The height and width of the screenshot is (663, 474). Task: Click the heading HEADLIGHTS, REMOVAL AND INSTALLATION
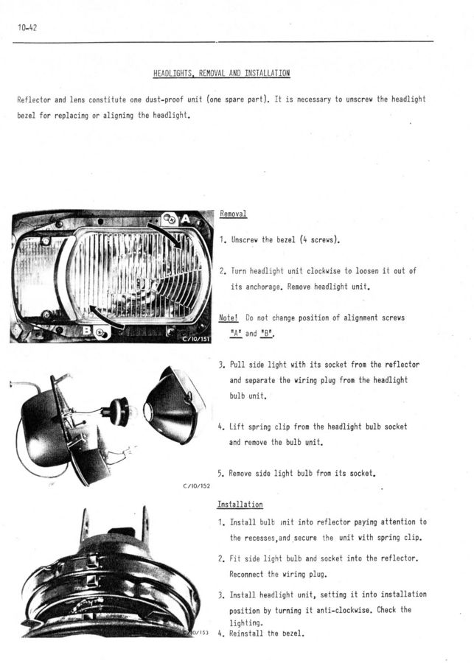221,73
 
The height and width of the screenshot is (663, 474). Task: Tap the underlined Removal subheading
233,214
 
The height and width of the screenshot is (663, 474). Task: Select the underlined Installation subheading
240,505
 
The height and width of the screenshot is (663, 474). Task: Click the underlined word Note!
229,318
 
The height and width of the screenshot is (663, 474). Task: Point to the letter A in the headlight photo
184,218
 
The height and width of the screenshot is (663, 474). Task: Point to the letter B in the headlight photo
87,332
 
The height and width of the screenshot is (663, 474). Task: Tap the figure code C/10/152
196,486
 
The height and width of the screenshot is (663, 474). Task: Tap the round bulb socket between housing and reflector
118,410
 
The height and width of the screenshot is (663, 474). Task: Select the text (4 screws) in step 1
318,239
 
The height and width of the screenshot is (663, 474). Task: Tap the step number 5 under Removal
220,473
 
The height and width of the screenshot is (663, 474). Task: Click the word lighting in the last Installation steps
245,622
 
